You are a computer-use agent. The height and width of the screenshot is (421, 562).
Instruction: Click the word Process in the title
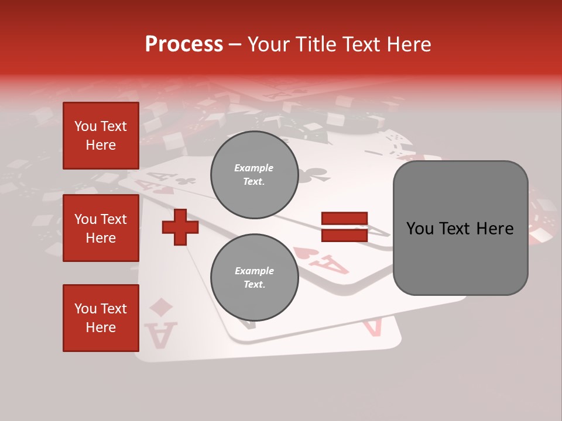184,44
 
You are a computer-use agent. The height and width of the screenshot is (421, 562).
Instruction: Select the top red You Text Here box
101,136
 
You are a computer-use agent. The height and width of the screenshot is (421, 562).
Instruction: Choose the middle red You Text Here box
101,228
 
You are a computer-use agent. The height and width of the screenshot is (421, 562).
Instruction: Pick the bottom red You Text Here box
101,318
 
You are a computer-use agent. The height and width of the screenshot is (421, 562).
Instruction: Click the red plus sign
180,227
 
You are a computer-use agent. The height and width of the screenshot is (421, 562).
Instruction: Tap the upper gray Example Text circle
254,175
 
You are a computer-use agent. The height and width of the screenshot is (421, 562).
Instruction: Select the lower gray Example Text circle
254,278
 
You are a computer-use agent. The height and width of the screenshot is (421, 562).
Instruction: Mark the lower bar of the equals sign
344,235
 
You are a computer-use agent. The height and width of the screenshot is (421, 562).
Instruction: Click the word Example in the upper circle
254,168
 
